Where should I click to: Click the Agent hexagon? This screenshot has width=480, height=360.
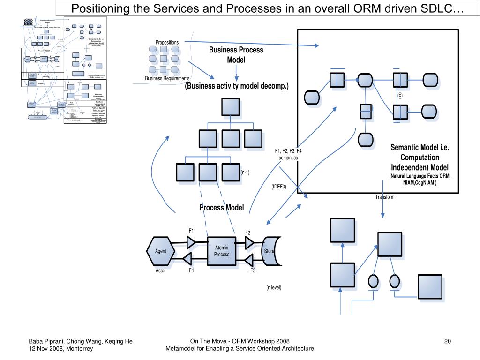161,251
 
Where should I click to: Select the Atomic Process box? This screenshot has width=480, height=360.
222,251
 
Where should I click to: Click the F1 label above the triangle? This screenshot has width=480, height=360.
191,231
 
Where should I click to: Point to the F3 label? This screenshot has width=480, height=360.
253,270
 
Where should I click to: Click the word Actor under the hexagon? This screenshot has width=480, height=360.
161,270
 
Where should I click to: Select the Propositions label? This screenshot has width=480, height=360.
167,43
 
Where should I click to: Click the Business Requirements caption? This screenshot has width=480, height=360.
167,78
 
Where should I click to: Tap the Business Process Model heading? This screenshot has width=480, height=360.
236,55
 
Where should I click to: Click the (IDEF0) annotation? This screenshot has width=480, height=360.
278,187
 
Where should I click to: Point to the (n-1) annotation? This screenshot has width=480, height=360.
245,172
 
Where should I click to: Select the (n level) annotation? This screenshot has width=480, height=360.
274,287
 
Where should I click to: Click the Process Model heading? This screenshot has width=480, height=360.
222,207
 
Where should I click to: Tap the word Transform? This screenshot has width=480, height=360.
385,197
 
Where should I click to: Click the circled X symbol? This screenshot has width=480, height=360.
400,95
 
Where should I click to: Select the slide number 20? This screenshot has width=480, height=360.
447,341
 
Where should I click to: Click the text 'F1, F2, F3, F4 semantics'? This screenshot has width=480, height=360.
288,154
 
